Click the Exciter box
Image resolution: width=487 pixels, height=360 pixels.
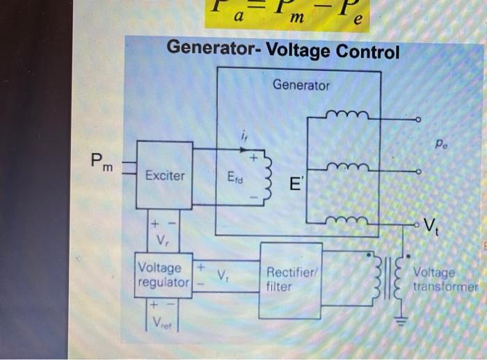(x=165, y=175)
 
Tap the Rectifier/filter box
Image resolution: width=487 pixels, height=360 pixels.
(x=290, y=279)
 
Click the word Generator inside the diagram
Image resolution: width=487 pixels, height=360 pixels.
(x=301, y=86)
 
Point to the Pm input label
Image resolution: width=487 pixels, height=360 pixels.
(x=102, y=163)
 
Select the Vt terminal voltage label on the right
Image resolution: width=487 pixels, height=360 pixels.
(x=431, y=225)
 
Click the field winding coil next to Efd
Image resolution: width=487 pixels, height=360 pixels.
(x=266, y=178)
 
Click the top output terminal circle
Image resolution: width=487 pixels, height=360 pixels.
(x=418, y=120)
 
